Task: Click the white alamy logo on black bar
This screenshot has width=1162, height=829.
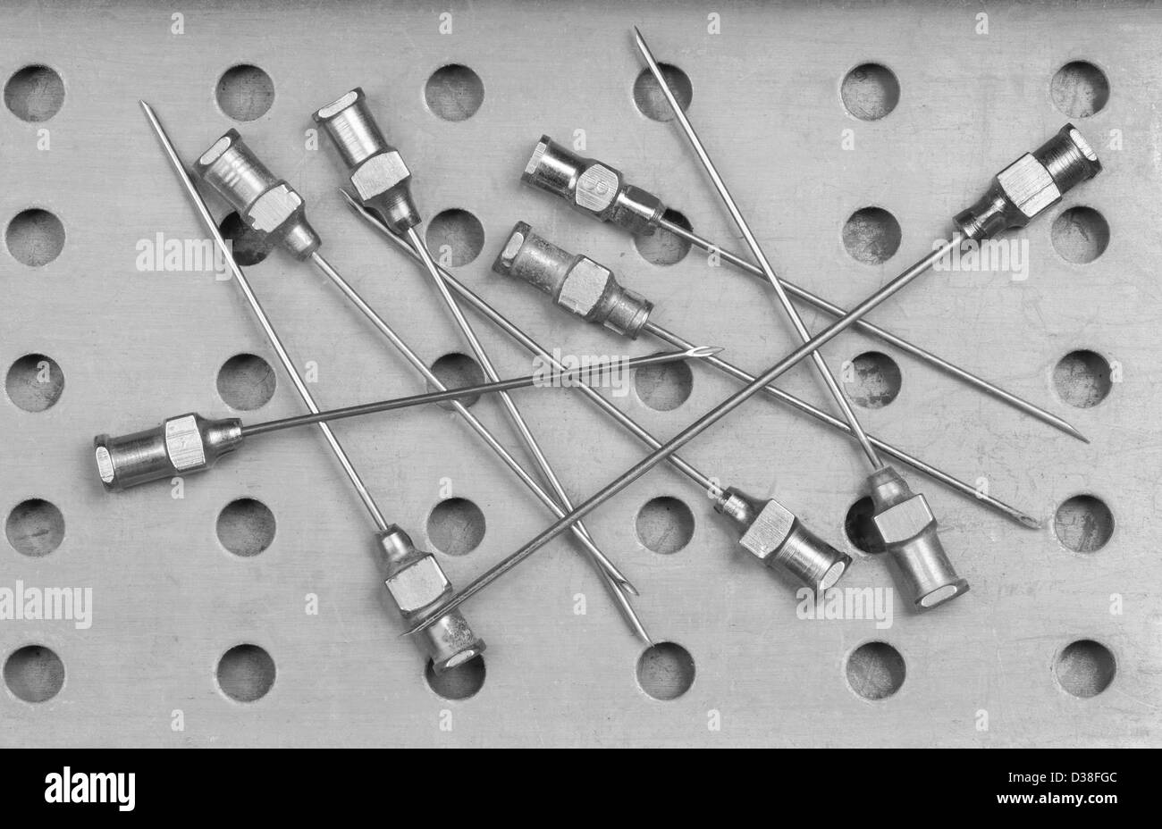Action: coord(89,789)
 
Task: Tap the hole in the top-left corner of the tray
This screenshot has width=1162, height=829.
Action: coord(34,93)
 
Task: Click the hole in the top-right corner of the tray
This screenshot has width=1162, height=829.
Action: coord(1079,89)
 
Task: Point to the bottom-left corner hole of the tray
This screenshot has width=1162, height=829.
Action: coord(34,673)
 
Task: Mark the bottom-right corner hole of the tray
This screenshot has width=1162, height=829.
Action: coord(1084,668)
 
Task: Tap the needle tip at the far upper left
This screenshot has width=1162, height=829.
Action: coord(144,106)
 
